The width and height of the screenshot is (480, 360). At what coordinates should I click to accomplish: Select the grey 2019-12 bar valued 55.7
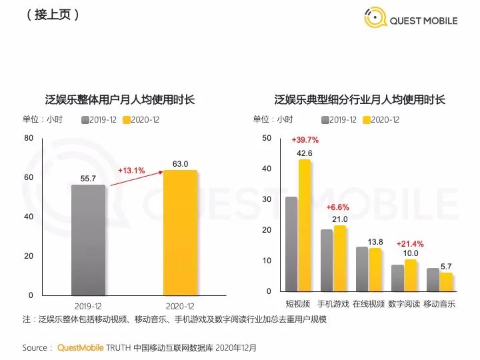click(89, 240)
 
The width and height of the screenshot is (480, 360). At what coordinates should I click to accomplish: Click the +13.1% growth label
click(131, 171)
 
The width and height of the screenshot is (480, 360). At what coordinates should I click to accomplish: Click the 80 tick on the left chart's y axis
click(29, 139)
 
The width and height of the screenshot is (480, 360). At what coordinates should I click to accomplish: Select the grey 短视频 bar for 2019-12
click(291, 244)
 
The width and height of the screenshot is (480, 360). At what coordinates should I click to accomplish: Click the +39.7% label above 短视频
click(305, 141)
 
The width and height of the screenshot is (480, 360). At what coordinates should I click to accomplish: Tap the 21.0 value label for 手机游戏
click(340, 219)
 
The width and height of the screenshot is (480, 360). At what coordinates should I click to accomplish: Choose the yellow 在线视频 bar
click(375, 269)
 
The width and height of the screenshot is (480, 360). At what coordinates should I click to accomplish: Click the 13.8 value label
click(375, 241)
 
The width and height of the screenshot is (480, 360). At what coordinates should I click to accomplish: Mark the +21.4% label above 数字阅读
click(410, 244)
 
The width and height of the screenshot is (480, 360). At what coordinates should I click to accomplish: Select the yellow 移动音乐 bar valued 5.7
click(446, 282)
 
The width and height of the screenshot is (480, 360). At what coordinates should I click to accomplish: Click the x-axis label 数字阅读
click(405, 304)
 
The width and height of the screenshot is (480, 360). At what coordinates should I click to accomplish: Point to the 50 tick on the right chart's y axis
click(267, 138)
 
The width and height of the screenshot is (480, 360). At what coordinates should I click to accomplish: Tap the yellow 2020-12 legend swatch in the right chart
click(366, 120)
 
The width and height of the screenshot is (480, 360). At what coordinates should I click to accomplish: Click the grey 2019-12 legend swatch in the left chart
click(85, 120)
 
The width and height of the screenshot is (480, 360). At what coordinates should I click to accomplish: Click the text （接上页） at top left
click(53, 14)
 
